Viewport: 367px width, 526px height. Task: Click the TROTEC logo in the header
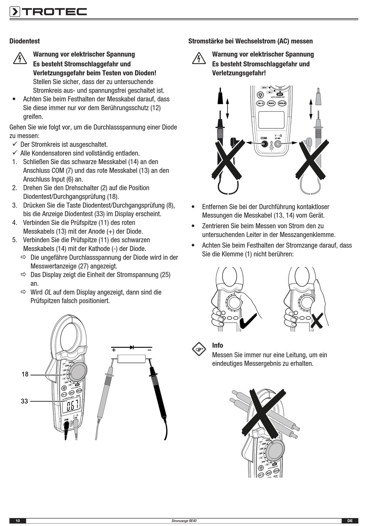[x=48, y=12]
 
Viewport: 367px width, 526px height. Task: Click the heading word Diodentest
[x=24, y=41]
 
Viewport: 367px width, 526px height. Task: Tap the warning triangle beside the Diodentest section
[x=20, y=59]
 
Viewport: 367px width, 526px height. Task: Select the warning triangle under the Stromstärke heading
[x=199, y=58]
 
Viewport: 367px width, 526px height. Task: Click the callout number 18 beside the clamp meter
[x=25, y=374]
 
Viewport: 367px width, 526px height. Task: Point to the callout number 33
[x=25, y=401]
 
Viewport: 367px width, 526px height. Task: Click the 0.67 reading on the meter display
[x=73, y=406]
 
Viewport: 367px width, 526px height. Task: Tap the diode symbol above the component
[x=132, y=347]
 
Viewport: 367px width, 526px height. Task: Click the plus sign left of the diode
[x=114, y=350]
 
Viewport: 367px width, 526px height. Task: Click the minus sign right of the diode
[x=149, y=349]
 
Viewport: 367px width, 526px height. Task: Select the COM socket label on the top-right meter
[x=263, y=138]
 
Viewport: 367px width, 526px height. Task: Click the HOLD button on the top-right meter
[x=282, y=103]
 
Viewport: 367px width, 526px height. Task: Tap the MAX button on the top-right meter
[x=271, y=103]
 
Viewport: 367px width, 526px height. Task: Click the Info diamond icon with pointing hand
[x=199, y=349]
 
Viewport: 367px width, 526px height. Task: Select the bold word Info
[x=217, y=345]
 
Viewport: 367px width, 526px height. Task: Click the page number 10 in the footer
[x=18, y=521]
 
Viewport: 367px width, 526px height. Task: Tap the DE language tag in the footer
[x=350, y=521]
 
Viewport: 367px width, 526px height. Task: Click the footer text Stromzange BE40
[x=184, y=521]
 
